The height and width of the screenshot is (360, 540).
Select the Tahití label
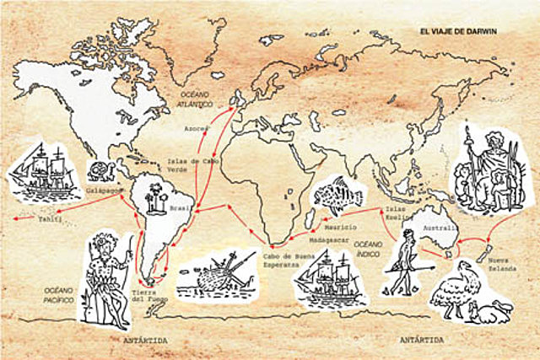51,218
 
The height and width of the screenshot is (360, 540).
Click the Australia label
440,228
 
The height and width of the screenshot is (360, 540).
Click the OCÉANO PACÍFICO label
59,293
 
